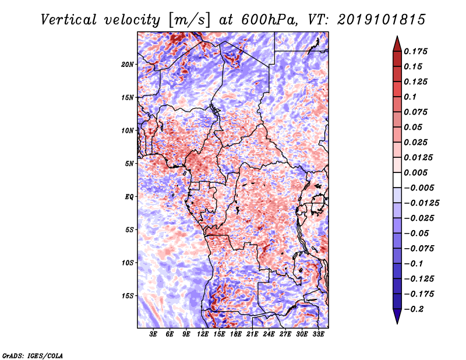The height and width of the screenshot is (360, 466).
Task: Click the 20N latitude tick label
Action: (x=128, y=64)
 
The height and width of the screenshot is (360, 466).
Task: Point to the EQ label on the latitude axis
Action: (x=129, y=197)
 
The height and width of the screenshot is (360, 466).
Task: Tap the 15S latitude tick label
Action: (x=128, y=296)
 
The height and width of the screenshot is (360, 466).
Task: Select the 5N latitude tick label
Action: (x=129, y=164)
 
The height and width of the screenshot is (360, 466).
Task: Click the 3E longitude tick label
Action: (x=153, y=334)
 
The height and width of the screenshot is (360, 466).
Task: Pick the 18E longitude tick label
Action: (x=236, y=334)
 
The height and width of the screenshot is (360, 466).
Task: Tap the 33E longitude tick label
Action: (x=318, y=334)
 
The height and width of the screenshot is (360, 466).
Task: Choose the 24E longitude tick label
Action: (x=269, y=334)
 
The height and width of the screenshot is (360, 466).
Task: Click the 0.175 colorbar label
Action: (x=415, y=51)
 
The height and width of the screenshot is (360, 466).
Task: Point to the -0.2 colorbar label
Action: (x=414, y=309)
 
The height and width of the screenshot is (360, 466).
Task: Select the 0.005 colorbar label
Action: (x=415, y=172)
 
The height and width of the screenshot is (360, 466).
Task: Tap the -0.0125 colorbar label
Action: (x=421, y=203)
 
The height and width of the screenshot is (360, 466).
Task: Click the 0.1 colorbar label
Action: (x=410, y=97)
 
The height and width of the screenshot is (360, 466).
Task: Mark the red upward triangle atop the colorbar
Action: (x=397, y=44)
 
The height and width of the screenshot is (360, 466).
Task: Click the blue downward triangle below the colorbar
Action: (x=397, y=316)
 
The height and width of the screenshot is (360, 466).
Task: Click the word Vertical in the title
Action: (x=69, y=20)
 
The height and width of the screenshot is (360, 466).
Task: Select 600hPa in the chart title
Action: (x=269, y=20)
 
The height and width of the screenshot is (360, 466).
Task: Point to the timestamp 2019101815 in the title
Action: (x=382, y=20)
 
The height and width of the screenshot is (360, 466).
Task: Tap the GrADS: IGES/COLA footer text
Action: (x=33, y=355)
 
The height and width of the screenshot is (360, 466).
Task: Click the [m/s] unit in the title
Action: (x=189, y=20)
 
